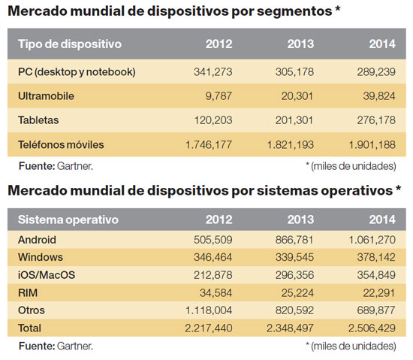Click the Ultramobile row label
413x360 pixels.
pos(46,95)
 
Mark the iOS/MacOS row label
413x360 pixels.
pos(47,274)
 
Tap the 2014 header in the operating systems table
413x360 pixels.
pos(382,220)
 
